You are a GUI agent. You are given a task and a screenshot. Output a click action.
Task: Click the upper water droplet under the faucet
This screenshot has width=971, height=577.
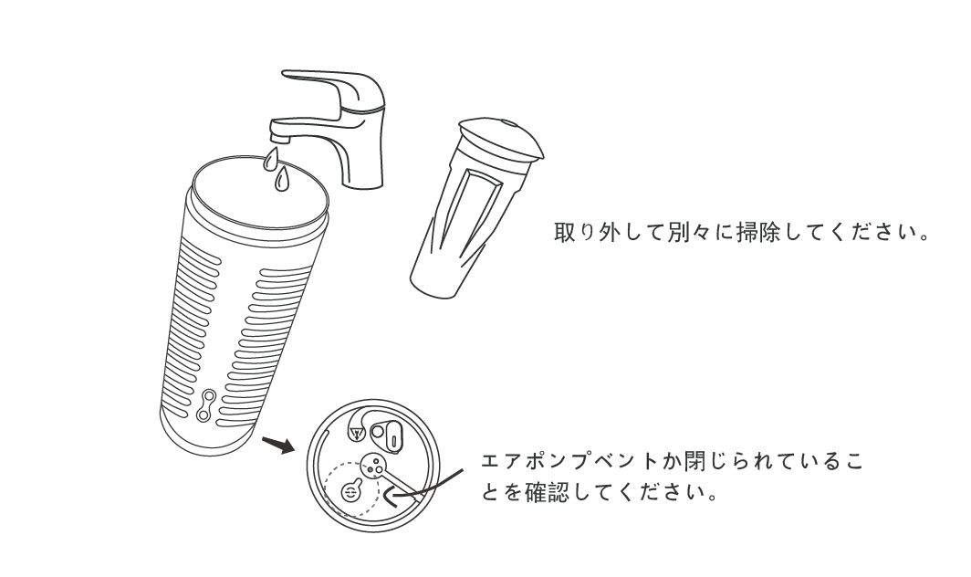click(270, 159)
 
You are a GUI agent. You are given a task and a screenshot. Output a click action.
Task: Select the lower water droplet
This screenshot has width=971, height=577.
click(283, 179)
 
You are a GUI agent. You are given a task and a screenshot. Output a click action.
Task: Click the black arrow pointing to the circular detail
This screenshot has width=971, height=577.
click(278, 445)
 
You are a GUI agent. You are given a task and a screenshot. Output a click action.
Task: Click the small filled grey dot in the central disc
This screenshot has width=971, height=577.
click(371, 469)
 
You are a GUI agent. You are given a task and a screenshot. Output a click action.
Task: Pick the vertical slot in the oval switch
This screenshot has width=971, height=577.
click(393, 439)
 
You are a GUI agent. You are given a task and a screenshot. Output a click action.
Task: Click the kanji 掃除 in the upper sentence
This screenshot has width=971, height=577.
click(757, 233)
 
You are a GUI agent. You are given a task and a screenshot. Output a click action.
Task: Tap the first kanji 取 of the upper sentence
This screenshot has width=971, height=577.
click(565, 233)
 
